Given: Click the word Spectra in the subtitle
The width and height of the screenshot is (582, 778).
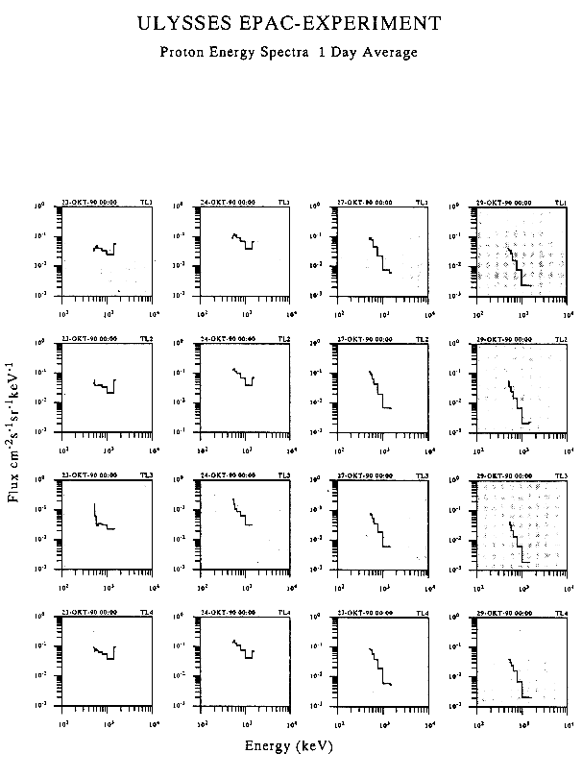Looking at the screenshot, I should click(290, 53).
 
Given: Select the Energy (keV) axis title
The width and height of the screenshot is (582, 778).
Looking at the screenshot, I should click(289, 743).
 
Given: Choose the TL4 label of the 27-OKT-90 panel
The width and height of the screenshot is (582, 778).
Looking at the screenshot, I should click(422, 612).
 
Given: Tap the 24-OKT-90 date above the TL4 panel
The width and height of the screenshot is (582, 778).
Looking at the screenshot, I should click(229, 612).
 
